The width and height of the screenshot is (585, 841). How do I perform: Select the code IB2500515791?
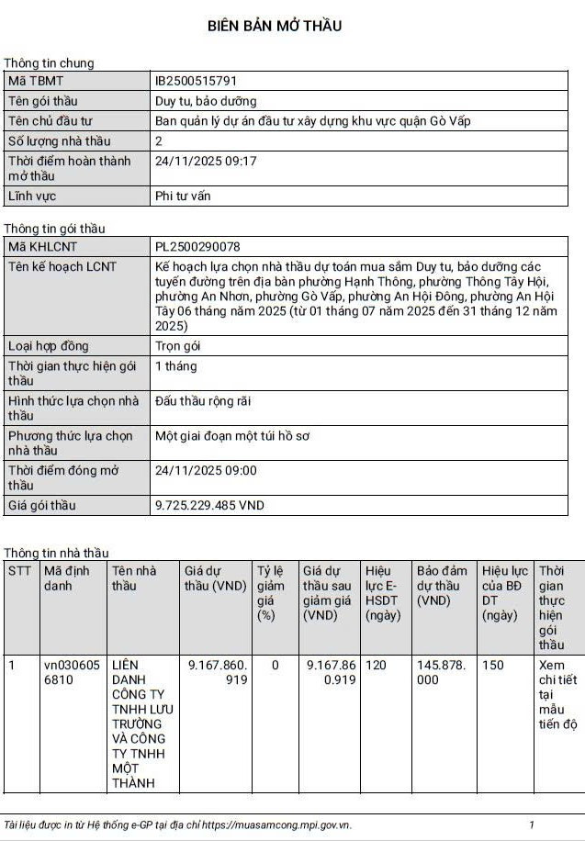click(x=197, y=81)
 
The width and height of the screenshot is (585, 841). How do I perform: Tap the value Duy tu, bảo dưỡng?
click(x=206, y=101)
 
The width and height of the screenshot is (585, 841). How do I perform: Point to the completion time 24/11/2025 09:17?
click(x=206, y=161)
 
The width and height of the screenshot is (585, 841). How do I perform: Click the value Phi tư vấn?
click(x=183, y=196)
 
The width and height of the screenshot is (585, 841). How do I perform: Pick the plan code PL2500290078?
click(x=197, y=247)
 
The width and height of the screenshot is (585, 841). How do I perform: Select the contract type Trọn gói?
click(x=177, y=346)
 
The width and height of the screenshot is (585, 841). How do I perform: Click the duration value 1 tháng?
click(x=175, y=366)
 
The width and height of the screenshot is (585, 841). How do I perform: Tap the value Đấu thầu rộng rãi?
click(x=203, y=401)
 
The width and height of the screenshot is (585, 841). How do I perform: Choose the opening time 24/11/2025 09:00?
click(x=206, y=470)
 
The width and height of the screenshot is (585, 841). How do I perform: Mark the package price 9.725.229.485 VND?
click(x=209, y=506)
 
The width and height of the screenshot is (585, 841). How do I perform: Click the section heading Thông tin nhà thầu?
click(x=56, y=553)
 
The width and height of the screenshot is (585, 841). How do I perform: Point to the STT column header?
click(x=19, y=570)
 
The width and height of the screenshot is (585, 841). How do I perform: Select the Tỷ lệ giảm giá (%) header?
click(x=270, y=592)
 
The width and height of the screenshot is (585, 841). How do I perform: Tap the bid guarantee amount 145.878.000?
click(x=441, y=672)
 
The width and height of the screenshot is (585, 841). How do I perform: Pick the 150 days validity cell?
click(x=493, y=665)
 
